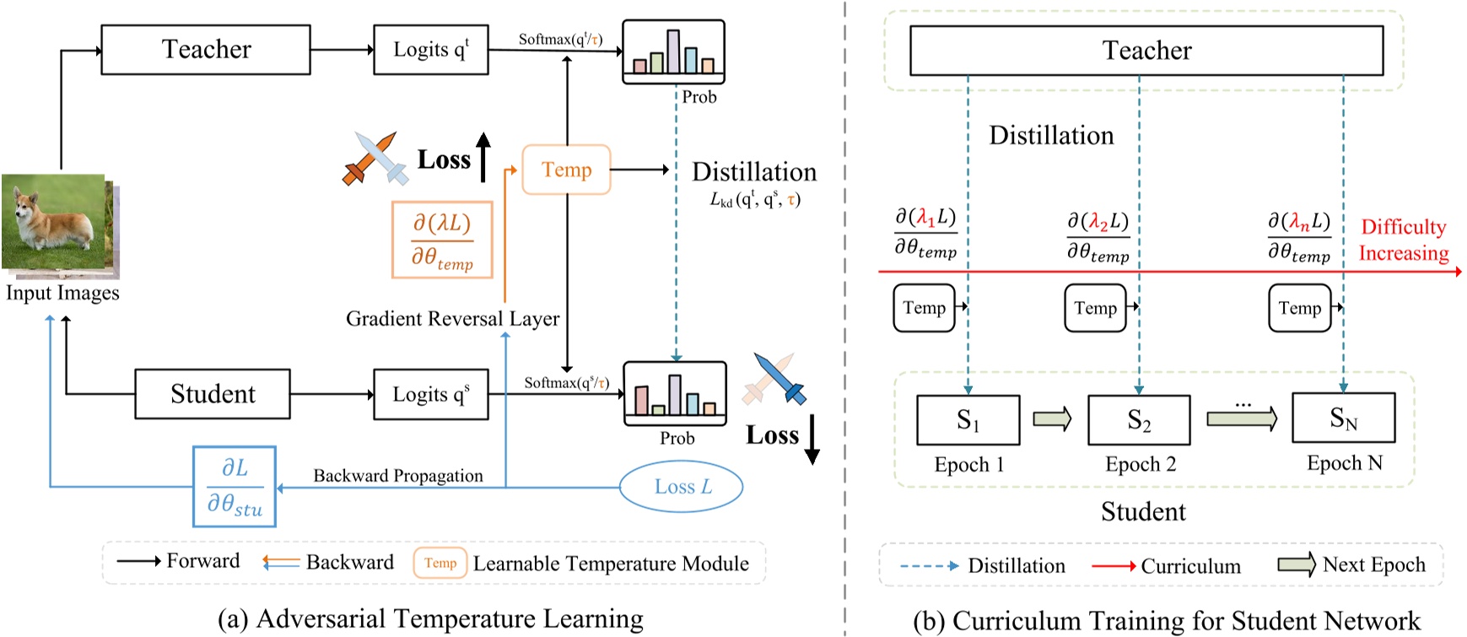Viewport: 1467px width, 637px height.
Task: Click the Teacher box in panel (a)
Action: pos(206,50)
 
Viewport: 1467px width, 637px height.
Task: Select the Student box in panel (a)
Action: pos(213,394)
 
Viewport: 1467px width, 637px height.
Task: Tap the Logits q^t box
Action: pos(430,50)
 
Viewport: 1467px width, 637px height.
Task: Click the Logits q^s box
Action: pos(430,394)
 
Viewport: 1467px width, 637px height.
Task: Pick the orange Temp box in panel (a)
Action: pos(566,170)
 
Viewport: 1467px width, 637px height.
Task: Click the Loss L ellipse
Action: pos(682,487)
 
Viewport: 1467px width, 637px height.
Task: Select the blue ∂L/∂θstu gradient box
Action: pos(235,487)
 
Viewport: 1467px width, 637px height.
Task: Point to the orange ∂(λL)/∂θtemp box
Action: pos(441,240)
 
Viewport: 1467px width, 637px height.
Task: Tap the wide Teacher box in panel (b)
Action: pos(1146,51)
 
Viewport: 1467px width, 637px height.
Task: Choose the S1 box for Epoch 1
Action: pos(968,420)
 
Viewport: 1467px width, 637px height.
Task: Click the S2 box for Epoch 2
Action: pos(1139,420)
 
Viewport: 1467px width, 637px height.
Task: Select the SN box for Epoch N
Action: pos(1343,418)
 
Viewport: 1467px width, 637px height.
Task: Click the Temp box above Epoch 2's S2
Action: pos(1095,308)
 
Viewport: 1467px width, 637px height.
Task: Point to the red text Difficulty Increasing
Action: pos(1403,240)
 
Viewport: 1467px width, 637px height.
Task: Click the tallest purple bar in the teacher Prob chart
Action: pos(672,51)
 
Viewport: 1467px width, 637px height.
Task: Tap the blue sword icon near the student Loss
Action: pos(780,379)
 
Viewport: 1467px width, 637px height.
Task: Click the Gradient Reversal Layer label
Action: pos(452,319)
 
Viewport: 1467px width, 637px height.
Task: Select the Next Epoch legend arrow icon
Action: pos(1296,564)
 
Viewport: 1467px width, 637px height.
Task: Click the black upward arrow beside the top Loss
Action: pos(483,157)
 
